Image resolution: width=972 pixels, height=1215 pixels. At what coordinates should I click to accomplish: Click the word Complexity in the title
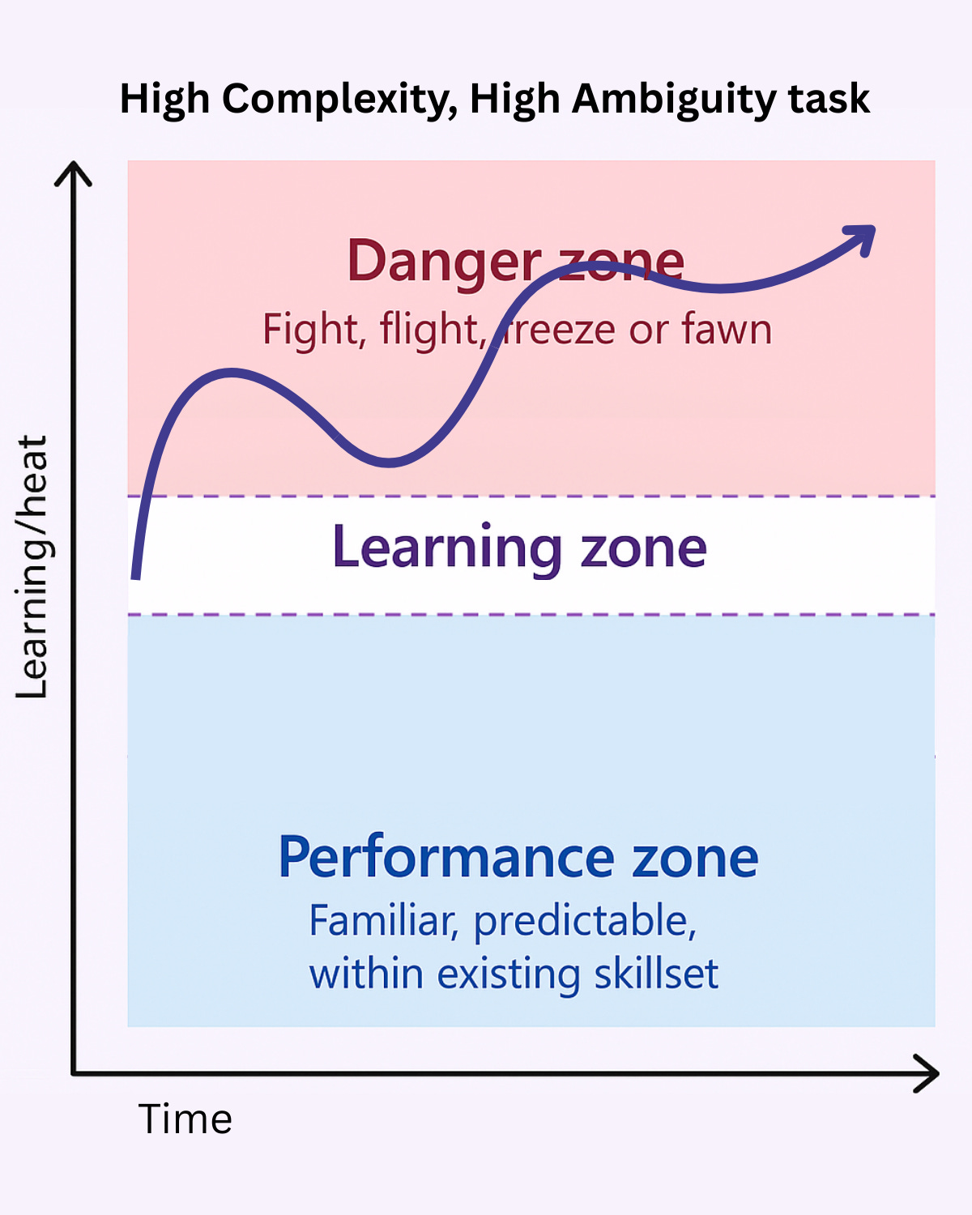pos(332,100)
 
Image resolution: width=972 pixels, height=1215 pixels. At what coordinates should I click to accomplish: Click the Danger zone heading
pos(515,261)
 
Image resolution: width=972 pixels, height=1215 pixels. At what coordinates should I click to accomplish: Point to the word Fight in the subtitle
pos(310,330)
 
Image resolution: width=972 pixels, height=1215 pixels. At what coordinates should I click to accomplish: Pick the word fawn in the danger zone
pos(727,330)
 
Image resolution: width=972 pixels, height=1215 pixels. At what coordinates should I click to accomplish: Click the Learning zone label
pos(519,548)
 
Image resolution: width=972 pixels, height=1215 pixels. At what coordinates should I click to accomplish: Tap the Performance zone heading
pos(518,857)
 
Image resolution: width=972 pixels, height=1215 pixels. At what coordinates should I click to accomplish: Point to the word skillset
pos(656,974)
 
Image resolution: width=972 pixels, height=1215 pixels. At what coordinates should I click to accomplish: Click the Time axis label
pos(185,1119)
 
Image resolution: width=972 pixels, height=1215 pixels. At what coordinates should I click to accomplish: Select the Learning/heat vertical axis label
pos(32,567)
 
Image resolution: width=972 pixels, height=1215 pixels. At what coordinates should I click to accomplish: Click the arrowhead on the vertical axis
pos(73,172)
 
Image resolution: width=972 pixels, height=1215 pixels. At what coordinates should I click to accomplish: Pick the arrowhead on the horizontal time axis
pos(928,1073)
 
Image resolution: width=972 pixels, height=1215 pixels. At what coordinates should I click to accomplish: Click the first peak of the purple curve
pos(232,373)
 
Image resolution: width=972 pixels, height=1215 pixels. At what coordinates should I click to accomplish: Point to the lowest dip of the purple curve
pos(389,463)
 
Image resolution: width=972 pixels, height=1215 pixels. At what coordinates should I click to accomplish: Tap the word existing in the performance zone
pos(508,974)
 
